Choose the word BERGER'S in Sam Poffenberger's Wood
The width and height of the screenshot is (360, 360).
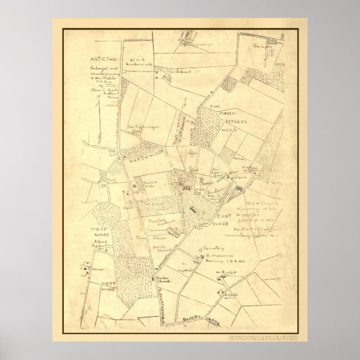click(226, 119)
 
